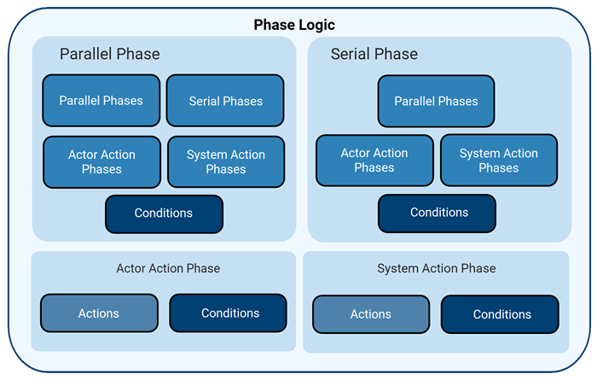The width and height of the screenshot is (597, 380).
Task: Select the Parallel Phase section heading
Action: [x=109, y=54]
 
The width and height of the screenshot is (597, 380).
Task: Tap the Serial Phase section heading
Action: [x=374, y=54]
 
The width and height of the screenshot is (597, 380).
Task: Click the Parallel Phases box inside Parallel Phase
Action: [x=101, y=101]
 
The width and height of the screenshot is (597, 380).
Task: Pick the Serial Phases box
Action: [x=225, y=101]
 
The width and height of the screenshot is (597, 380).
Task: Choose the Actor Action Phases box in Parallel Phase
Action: [x=101, y=161]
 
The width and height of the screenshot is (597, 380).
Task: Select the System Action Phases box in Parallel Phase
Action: [x=225, y=161]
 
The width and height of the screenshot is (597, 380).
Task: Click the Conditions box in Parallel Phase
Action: [x=164, y=213]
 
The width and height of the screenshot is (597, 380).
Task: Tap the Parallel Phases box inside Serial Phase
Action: [x=436, y=101]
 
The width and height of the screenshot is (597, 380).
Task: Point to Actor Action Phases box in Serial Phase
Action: [x=374, y=161]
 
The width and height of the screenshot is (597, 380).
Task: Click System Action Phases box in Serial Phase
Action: [x=498, y=161]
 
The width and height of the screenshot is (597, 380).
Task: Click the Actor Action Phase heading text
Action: [x=168, y=268]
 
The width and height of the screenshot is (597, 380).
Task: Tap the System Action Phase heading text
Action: [x=436, y=268]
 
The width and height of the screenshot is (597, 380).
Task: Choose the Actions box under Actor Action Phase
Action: [x=99, y=313]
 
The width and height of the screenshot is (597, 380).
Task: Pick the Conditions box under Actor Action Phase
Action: [x=229, y=313]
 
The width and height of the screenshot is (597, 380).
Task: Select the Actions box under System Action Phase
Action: [x=371, y=314]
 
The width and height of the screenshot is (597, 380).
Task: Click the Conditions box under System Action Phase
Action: [x=501, y=314]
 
